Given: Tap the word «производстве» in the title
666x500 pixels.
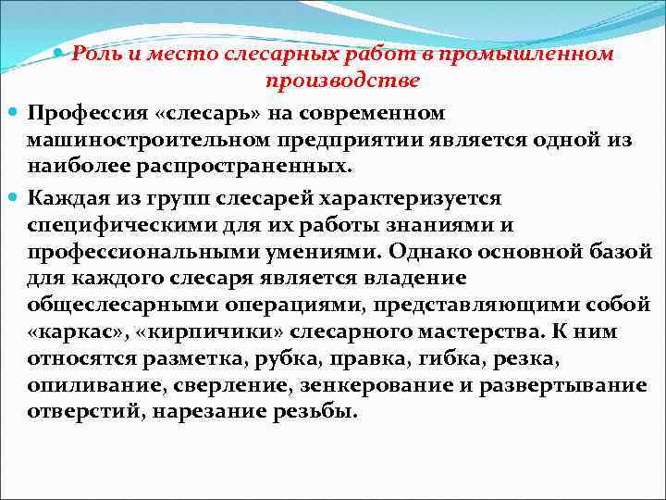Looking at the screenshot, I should tap(342, 81).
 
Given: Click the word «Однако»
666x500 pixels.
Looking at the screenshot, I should tap(431, 252).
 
